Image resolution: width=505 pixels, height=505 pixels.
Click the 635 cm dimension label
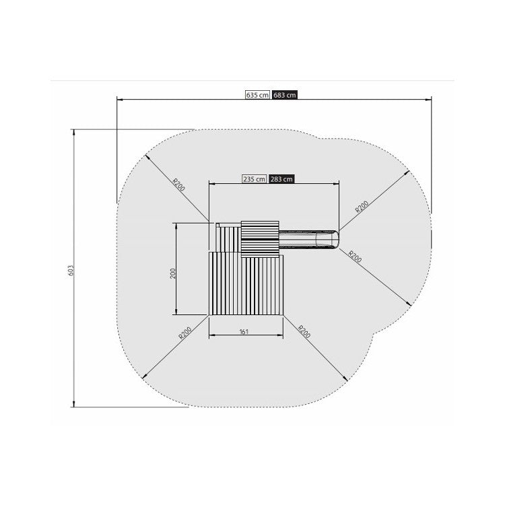pyautogui.click(x=257, y=95)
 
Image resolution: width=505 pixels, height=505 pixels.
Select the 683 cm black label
pyautogui.click(x=284, y=95)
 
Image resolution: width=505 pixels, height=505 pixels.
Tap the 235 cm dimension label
pyautogui.click(x=254, y=179)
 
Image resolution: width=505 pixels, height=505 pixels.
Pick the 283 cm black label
pyautogui.click(x=281, y=179)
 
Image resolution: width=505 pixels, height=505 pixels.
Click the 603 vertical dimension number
pyautogui.click(x=71, y=270)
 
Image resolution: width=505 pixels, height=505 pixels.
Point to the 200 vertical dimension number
pyautogui.click(x=173, y=273)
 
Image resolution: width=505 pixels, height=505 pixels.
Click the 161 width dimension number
pyautogui.click(x=244, y=331)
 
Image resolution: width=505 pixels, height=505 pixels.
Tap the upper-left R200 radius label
pyautogui.click(x=179, y=185)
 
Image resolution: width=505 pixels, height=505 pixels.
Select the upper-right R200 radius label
pyautogui.click(x=362, y=207)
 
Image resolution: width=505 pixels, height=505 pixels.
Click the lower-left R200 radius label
pyautogui.click(x=185, y=333)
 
